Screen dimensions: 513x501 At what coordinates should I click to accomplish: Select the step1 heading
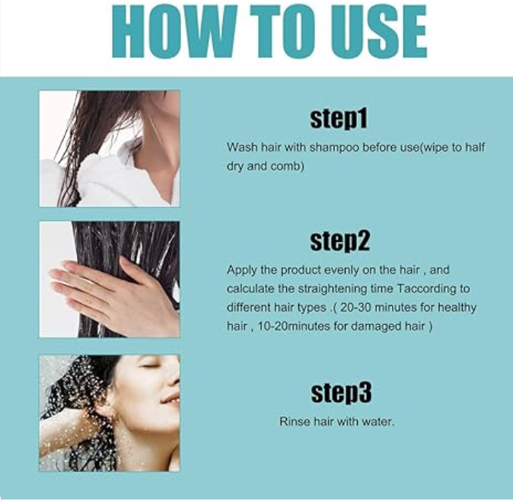pyautogui.click(x=339, y=119)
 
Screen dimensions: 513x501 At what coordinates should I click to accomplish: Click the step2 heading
pyautogui.click(x=339, y=241)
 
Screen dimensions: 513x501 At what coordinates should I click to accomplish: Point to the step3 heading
pyautogui.click(x=341, y=393)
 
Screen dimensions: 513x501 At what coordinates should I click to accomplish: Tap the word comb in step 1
pyautogui.click(x=287, y=166)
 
